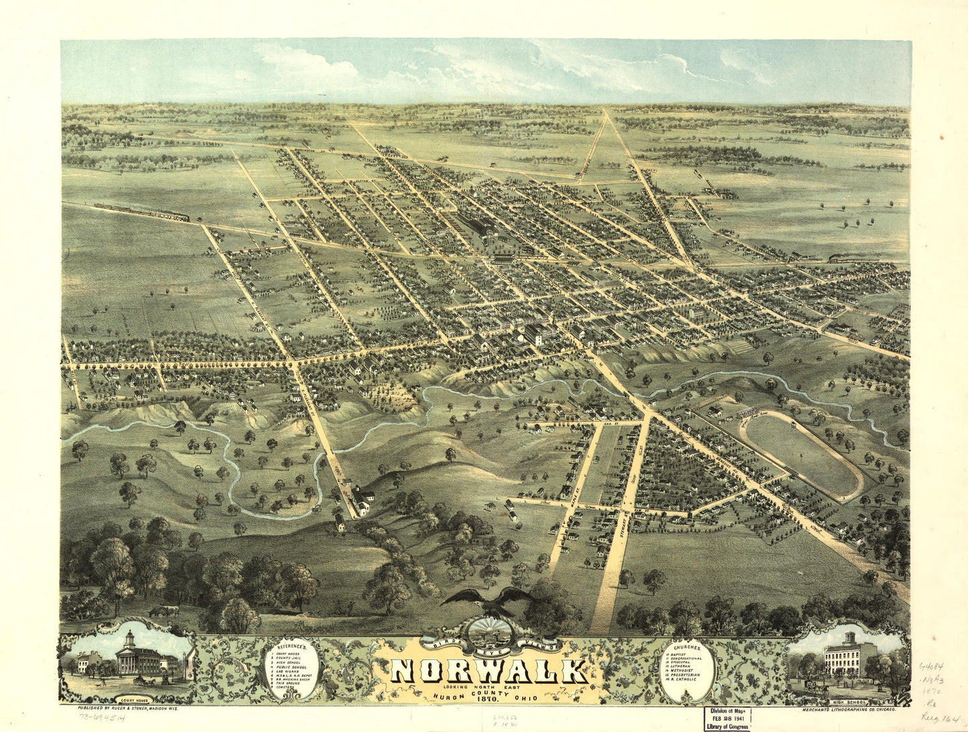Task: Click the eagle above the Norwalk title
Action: pyautogui.click(x=487, y=600)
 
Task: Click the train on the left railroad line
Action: pyautogui.click(x=142, y=212)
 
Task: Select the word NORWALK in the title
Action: pyautogui.click(x=488, y=672)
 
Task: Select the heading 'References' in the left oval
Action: pyautogui.click(x=293, y=648)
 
